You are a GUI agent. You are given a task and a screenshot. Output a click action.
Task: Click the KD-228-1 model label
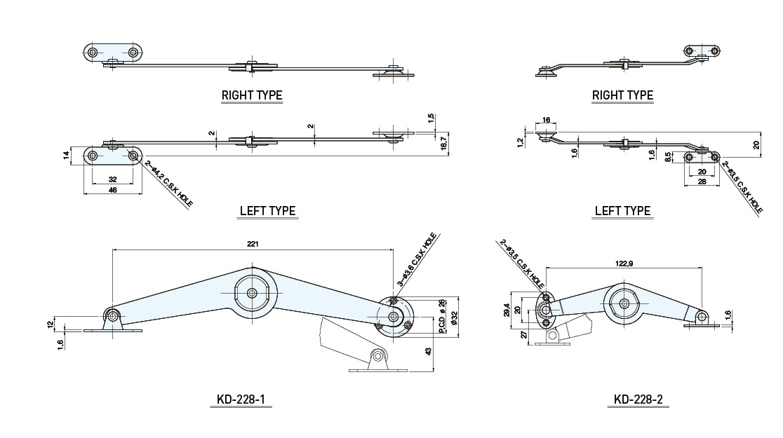coord(241,401)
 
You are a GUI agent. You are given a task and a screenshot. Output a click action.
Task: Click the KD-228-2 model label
coord(638,401)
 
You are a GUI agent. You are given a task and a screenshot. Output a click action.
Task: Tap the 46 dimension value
coord(112,190)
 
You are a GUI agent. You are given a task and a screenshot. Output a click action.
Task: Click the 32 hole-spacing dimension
coord(112,179)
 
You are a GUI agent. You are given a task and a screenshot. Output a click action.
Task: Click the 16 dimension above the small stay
coord(547,121)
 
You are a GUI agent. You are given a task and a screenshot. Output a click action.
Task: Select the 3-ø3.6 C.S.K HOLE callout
coord(419,260)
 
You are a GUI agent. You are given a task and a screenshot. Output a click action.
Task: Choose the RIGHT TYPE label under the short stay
coord(622,95)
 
